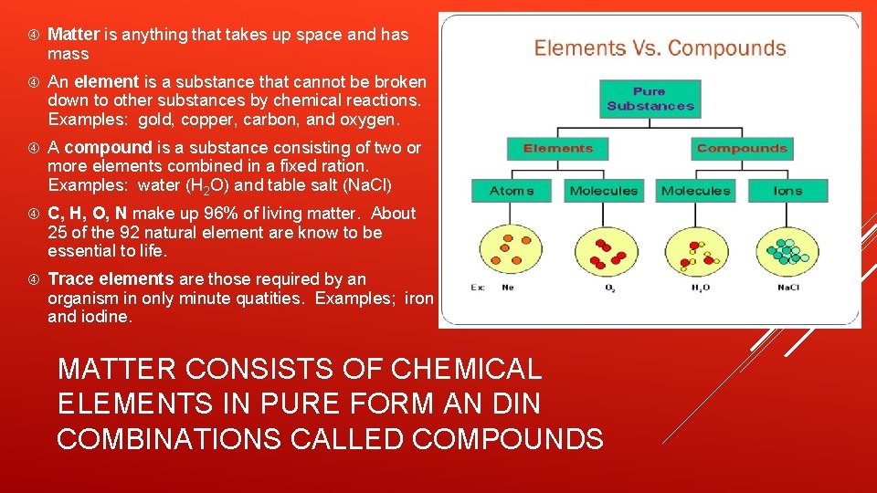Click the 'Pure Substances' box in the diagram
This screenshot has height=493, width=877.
(650, 99)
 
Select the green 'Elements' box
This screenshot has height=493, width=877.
(558, 149)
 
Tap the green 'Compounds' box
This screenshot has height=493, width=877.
(741, 149)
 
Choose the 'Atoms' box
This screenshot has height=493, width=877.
(512, 191)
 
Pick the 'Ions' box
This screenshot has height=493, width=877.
(787, 191)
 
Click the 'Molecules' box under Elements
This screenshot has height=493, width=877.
(603, 191)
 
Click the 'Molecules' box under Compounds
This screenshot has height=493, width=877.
(695, 191)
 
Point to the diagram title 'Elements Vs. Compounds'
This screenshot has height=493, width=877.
(660, 48)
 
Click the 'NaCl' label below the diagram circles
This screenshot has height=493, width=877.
(787, 288)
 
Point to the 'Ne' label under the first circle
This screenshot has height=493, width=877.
(508, 288)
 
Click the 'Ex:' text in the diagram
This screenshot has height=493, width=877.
(477, 288)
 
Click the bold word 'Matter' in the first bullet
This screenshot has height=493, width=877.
(73, 35)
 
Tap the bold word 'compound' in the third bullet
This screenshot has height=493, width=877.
(108, 147)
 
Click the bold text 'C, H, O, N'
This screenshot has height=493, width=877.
(88, 213)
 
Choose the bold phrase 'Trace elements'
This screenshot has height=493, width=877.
(111, 278)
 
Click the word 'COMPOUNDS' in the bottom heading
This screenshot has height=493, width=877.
(508, 438)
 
